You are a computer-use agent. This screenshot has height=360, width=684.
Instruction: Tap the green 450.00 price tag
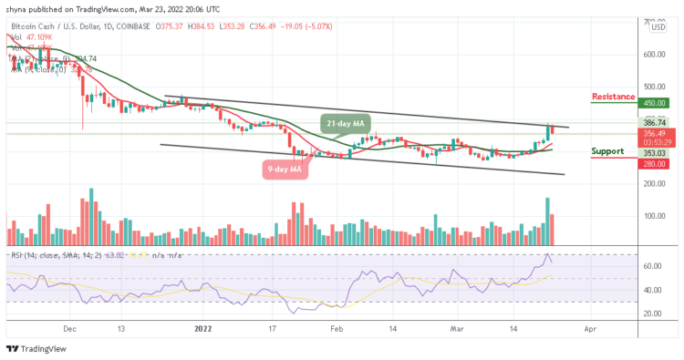pyautogui.click(x=655, y=104)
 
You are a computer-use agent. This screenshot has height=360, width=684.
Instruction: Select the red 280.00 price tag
pyautogui.click(x=655, y=164)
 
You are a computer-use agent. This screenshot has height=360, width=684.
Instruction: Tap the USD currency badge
pyautogui.click(x=657, y=27)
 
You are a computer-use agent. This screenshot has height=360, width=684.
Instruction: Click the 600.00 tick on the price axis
pyautogui.click(x=655, y=54)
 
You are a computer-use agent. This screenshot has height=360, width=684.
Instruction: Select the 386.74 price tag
pyautogui.click(x=655, y=121)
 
